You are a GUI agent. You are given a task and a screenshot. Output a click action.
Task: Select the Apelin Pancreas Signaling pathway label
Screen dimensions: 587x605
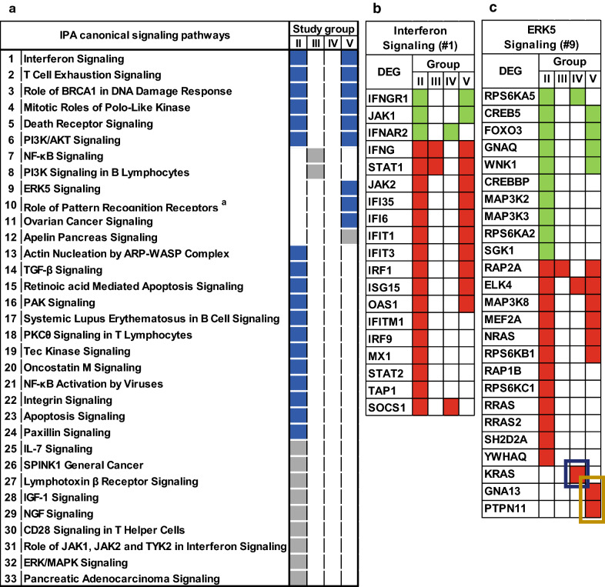pos(90,238)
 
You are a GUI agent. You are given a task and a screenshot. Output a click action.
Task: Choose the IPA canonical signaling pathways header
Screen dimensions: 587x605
pos(145,34)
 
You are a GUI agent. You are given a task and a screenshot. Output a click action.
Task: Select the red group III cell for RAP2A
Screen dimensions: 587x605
pos(561,268)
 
